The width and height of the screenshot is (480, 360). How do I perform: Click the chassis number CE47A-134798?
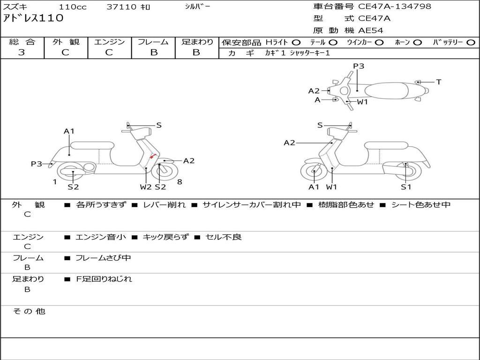(x=394, y=7)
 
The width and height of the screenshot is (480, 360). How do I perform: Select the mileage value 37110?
(x=121, y=7)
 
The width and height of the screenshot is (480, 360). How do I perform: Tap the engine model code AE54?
(x=371, y=30)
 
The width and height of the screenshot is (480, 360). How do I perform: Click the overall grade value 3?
(x=22, y=52)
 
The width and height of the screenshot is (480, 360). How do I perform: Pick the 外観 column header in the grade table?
(x=66, y=42)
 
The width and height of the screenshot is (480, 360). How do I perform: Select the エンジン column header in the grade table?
(x=109, y=42)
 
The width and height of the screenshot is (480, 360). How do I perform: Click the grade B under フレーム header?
(x=153, y=52)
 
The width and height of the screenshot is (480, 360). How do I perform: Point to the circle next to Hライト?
(x=296, y=42)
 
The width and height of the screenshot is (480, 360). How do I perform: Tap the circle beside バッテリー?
(x=471, y=42)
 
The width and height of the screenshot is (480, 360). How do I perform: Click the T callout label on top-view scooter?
(x=439, y=82)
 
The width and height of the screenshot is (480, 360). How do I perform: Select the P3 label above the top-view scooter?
(x=359, y=66)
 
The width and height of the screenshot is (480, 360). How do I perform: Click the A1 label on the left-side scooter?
(x=69, y=131)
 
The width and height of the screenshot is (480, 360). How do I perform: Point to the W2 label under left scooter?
(x=146, y=187)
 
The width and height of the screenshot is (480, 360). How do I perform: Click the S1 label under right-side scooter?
(x=406, y=187)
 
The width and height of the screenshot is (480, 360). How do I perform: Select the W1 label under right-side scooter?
(x=332, y=187)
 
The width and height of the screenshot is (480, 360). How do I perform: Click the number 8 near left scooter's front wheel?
(x=180, y=182)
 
